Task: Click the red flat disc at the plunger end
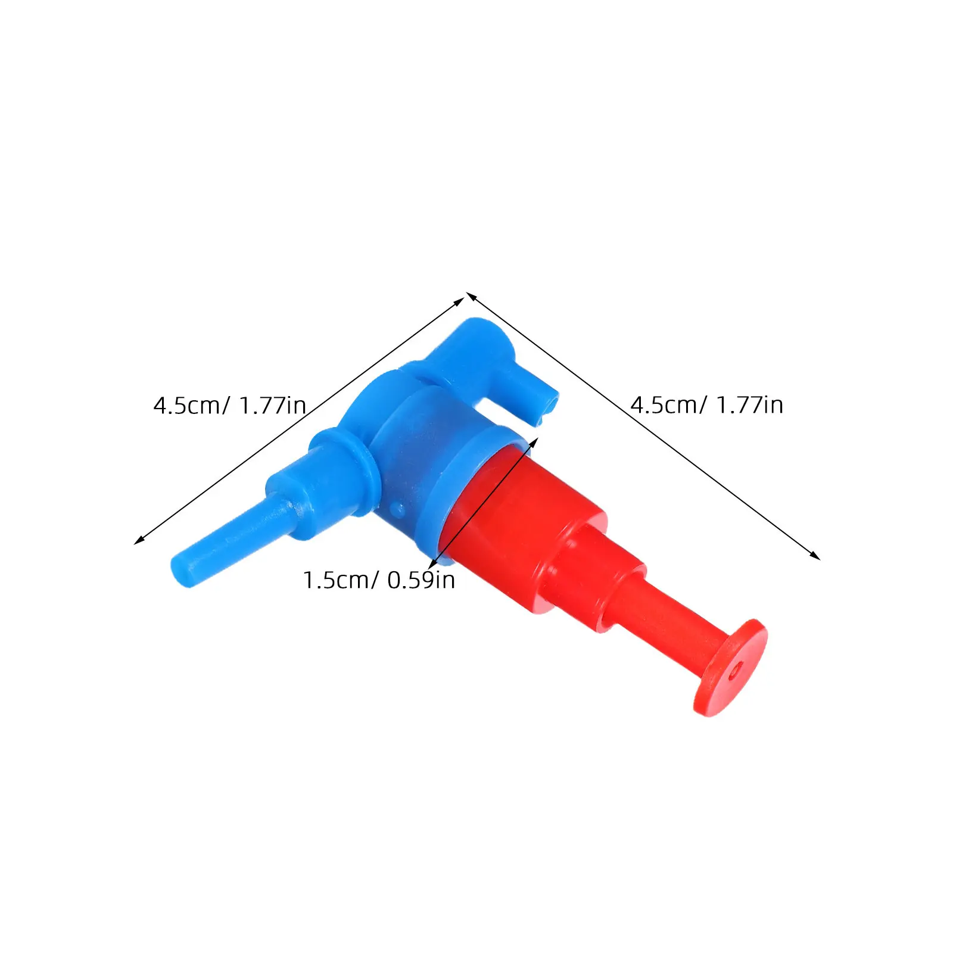731,668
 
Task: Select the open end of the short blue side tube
549,408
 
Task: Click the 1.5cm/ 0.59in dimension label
379,580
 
